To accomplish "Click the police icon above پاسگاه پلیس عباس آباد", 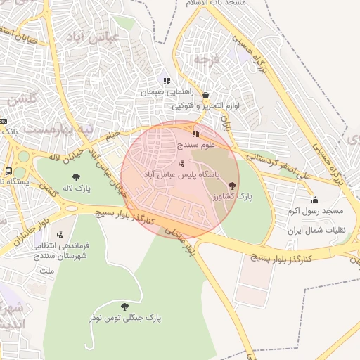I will pos(181,164).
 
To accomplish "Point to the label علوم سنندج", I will pos(195,144).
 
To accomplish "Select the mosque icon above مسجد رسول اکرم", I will pos(315,200).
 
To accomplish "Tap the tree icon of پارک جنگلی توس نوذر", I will pos(125,307).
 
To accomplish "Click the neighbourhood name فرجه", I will pos(212,59).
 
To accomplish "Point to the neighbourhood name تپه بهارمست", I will pos(58,129).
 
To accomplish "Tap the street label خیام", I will pos(111,134).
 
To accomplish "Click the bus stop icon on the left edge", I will pos(8,171).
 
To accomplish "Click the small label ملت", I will pos(48,270).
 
